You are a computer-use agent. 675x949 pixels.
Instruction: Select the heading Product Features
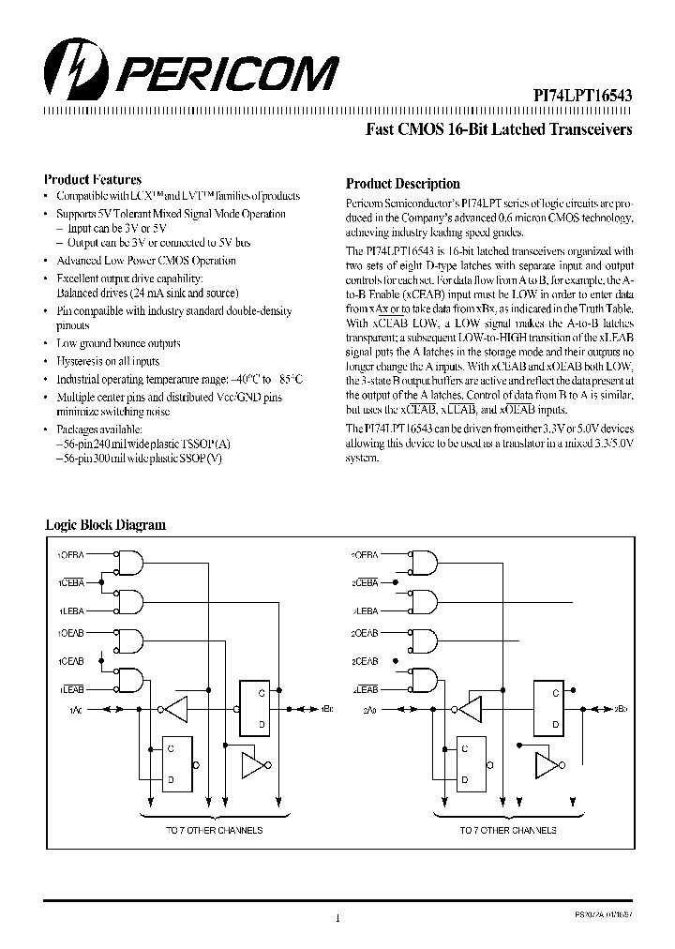93,179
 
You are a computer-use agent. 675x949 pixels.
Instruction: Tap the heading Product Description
402,184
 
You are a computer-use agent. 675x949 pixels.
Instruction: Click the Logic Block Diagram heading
105,525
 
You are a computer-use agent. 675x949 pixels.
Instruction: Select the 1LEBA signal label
72,610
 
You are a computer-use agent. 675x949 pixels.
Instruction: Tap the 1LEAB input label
71,688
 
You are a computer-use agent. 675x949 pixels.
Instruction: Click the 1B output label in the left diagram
326,709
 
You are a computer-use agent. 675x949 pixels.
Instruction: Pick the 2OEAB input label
366,635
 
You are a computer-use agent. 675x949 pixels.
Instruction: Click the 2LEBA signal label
366,610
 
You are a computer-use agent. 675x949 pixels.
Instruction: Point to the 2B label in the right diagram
620,709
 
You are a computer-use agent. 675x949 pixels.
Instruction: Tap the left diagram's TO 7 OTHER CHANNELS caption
215,830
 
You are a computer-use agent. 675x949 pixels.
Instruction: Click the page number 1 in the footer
337,919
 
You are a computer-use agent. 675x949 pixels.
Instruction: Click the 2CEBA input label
366,582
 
